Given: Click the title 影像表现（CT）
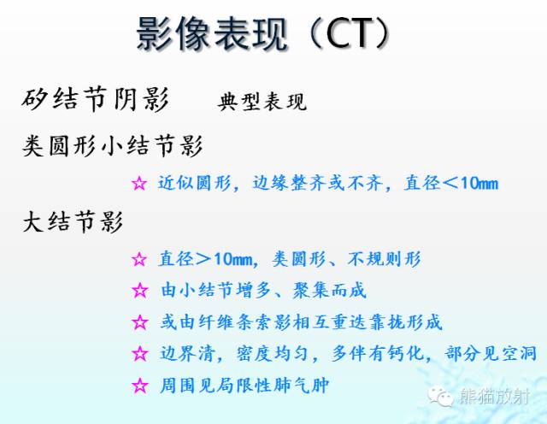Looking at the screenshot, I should click(266, 35).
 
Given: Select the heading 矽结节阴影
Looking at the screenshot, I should click(96, 100).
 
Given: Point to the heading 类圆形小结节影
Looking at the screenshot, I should click(113, 146).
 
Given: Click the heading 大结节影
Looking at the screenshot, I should click(74, 224).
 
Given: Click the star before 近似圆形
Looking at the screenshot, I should click(140, 184).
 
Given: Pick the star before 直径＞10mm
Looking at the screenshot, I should click(140, 259).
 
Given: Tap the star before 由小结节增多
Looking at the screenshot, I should click(140, 291).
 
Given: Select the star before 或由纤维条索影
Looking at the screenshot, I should click(140, 322).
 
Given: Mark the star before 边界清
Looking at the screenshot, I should click(140, 354).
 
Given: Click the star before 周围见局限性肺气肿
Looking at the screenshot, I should click(140, 386).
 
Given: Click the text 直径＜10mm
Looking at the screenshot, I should click(449, 184).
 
